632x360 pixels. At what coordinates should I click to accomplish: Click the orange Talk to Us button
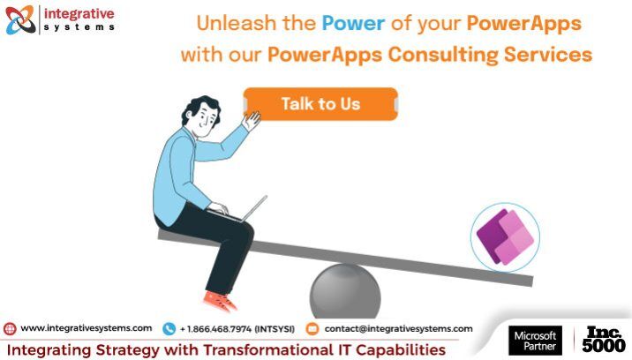320,103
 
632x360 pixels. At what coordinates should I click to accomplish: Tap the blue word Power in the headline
353,23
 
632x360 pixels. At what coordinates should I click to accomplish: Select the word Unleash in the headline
237,23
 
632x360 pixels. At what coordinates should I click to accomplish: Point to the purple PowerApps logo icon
505,236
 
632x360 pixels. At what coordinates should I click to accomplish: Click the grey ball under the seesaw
345,291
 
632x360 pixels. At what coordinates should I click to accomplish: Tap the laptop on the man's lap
240,210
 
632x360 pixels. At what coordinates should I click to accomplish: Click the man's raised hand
252,121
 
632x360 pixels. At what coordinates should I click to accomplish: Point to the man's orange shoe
220,301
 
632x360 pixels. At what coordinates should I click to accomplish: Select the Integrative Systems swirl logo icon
20,19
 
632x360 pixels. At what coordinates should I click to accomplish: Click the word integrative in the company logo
79,14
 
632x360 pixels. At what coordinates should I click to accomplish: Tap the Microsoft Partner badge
535,341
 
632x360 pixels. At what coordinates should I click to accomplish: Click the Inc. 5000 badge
604,340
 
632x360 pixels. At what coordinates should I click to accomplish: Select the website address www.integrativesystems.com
87,328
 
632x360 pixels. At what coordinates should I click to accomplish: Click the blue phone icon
169,329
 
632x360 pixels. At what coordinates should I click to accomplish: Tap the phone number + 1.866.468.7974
216,329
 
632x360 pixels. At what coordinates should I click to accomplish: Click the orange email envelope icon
312,329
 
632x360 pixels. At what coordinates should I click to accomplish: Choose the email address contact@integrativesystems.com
398,329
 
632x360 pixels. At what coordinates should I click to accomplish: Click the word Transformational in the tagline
267,349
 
